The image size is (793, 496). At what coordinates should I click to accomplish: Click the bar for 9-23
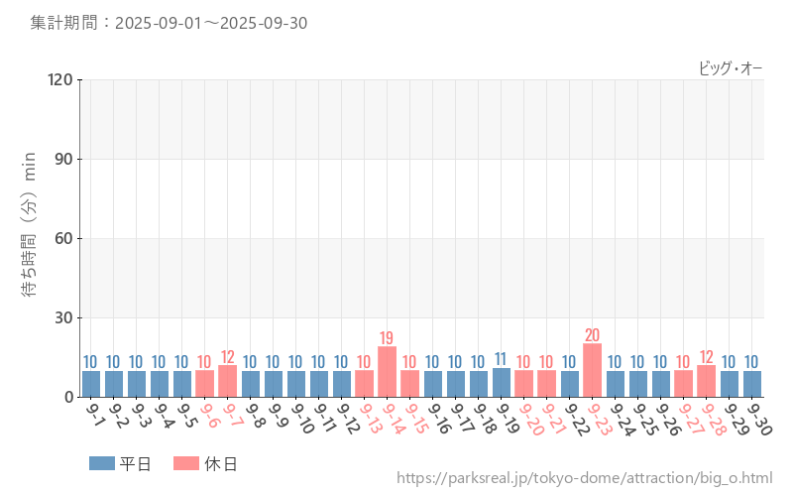[x=593, y=371]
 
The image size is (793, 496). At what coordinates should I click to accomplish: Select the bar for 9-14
[x=388, y=372]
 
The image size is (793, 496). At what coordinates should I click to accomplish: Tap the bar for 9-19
[x=502, y=383]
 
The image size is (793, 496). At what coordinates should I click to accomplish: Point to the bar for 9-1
[x=91, y=384]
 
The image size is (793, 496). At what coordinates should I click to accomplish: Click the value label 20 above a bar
[x=593, y=335]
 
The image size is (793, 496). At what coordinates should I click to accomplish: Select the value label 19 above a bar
[x=388, y=338]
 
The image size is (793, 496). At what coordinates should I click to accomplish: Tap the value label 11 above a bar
[x=502, y=359]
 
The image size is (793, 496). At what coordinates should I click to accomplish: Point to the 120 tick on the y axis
[x=60, y=79]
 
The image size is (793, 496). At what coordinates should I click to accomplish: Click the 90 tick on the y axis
[x=64, y=159]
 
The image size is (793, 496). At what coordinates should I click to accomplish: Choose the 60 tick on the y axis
[x=64, y=238]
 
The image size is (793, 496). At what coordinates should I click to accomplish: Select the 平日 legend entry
[x=121, y=463]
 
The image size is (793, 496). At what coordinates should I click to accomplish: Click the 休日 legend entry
[x=205, y=463]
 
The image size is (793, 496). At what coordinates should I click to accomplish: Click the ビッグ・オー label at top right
[x=731, y=67]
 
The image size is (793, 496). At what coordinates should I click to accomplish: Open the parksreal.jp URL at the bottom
[x=585, y=479]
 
